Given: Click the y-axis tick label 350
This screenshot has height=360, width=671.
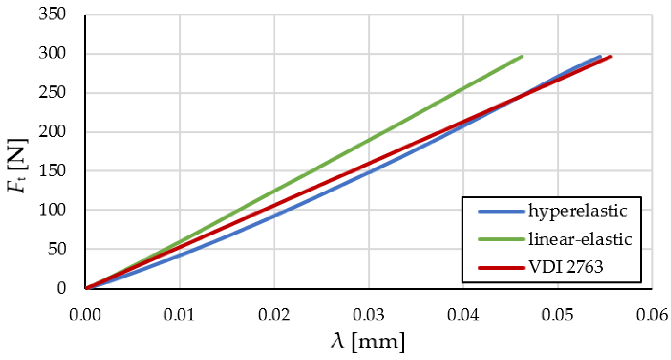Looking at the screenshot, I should [52, 14].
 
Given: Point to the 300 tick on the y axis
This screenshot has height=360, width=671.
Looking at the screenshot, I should [52, 53].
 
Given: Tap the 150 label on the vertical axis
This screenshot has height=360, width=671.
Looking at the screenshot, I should [52, 171].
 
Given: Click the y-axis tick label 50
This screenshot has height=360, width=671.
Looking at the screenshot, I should [57, 249].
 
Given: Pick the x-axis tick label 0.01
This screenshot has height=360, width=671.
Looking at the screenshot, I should [179, 315].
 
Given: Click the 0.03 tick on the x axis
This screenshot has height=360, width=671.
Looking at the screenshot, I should [368, 315].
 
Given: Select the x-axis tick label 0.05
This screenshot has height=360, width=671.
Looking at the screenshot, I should [558, 315].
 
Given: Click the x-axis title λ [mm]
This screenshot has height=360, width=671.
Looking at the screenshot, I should [368, 342].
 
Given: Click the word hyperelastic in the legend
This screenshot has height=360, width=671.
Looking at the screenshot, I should [577, 211].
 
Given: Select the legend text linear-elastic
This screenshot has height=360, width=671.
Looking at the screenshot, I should [580, 239].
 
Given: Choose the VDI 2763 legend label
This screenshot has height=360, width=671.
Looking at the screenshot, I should [565, 267].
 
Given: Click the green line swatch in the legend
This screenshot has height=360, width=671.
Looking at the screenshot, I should [501, 240].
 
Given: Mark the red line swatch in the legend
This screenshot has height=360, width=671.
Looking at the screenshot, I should [501, 268].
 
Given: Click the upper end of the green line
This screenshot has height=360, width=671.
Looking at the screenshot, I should [522, 57].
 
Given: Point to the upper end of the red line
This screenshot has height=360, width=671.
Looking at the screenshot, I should [611, 57].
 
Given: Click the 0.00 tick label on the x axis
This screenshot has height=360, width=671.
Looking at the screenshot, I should [85, 315].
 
